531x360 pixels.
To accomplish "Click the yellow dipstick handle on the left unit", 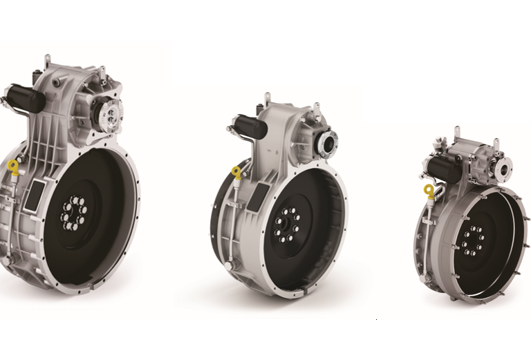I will click(13, 166).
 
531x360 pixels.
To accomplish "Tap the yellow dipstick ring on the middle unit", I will click(237, 173).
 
